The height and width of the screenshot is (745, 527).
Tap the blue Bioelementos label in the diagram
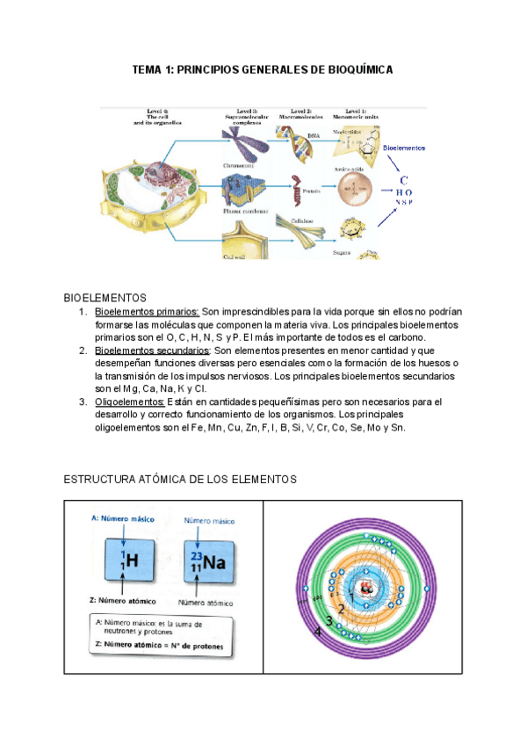(405, 148)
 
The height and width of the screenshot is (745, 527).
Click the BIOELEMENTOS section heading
(105, 299)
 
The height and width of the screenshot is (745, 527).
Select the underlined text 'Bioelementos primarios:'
(147, 312)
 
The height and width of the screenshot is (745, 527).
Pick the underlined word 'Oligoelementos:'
(135, 402)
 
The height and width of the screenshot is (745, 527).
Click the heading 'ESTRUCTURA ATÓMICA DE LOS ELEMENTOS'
(182, 479)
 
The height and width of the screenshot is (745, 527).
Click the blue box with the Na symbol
(208, 561)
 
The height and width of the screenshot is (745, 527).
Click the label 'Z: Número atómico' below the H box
(123, 602)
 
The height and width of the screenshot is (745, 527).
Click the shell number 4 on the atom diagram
(318, 631)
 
